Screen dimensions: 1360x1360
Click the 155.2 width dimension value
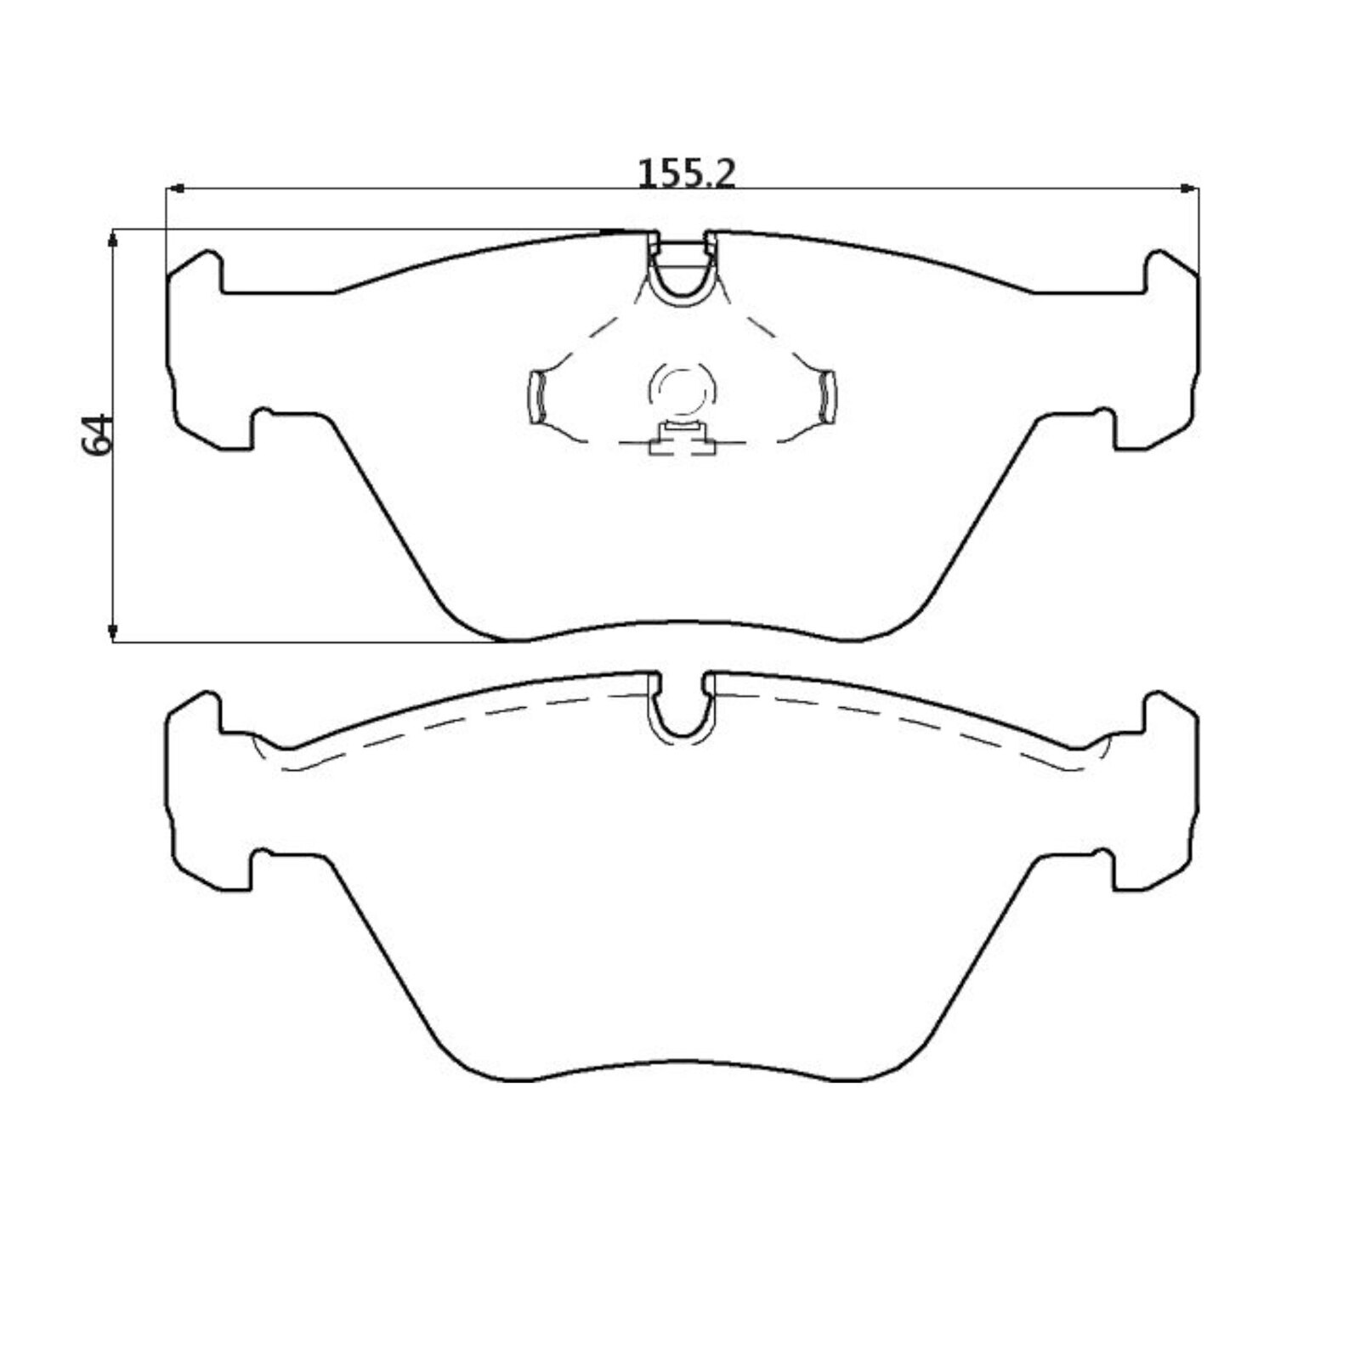[685, 173]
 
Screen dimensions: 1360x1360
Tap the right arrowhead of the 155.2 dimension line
[1189, 189]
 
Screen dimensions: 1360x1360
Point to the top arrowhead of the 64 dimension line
[112, 239]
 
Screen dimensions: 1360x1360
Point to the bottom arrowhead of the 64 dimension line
[112, 632]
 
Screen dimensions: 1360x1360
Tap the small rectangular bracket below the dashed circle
[683, 439]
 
